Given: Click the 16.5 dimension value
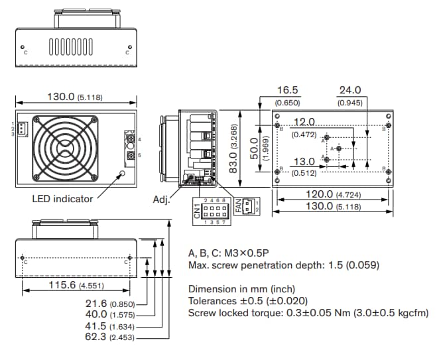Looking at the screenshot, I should pyautogui.click(x=288, y=90).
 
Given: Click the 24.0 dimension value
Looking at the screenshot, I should pyautogui.click(x=349, y=90).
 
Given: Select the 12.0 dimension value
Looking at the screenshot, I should pyautogui.click(x=304, y=122).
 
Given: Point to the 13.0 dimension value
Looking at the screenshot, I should pyautogui.click(x=304, y=161).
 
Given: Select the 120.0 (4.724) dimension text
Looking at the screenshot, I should pyautogui.click(x=319, y=194).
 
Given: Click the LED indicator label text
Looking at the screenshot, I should pyautogui.click(x=62, y=198).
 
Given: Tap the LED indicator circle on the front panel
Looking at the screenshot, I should pyautogui.click(x=121, y=174).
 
